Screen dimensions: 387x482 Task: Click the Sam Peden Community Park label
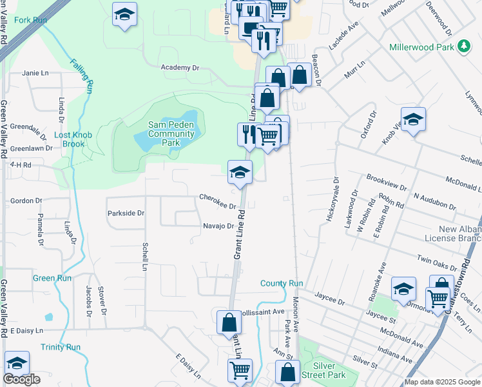(171, 134)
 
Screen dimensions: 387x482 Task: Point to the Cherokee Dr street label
(218, 197)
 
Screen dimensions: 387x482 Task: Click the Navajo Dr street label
(218, 226)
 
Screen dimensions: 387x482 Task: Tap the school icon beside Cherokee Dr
(240, 172)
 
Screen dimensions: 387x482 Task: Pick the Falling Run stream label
(82, 76)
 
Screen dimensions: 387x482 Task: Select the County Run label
(282, 283)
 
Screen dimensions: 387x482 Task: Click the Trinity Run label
(61, 347)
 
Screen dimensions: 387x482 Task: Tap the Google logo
(21, 379)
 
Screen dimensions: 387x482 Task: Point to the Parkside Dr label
(127, 212)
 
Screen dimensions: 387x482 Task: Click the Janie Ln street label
(35, 73)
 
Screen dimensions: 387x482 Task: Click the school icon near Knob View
(413, 119)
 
